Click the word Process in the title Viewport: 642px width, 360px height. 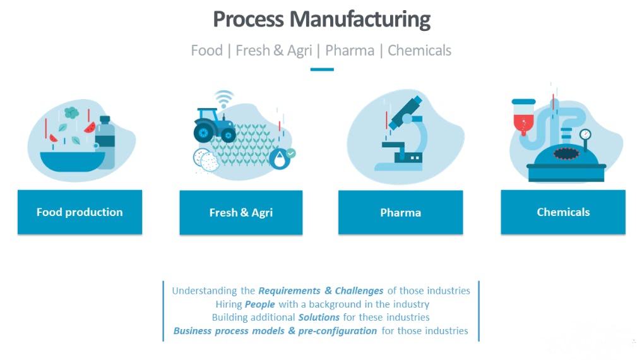pos(248,20)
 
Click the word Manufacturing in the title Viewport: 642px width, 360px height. pos(360,20)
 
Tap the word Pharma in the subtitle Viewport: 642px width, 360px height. pos(350,51)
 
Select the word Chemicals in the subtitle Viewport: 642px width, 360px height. pos(419,51)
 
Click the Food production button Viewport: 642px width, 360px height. pos(80,212)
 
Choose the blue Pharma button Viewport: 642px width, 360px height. pos(400,213)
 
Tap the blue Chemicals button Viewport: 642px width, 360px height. pos(563,212)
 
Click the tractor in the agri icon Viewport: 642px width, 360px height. pos(214,125)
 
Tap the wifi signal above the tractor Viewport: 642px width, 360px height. pos(223,99)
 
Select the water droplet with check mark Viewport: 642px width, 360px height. pos(278,158)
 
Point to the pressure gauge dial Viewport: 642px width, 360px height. pos(585,135)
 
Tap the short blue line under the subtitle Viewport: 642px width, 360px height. pos(321,69)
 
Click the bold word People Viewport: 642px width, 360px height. pos(260,304)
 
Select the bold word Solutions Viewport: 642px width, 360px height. pos(319,317)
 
